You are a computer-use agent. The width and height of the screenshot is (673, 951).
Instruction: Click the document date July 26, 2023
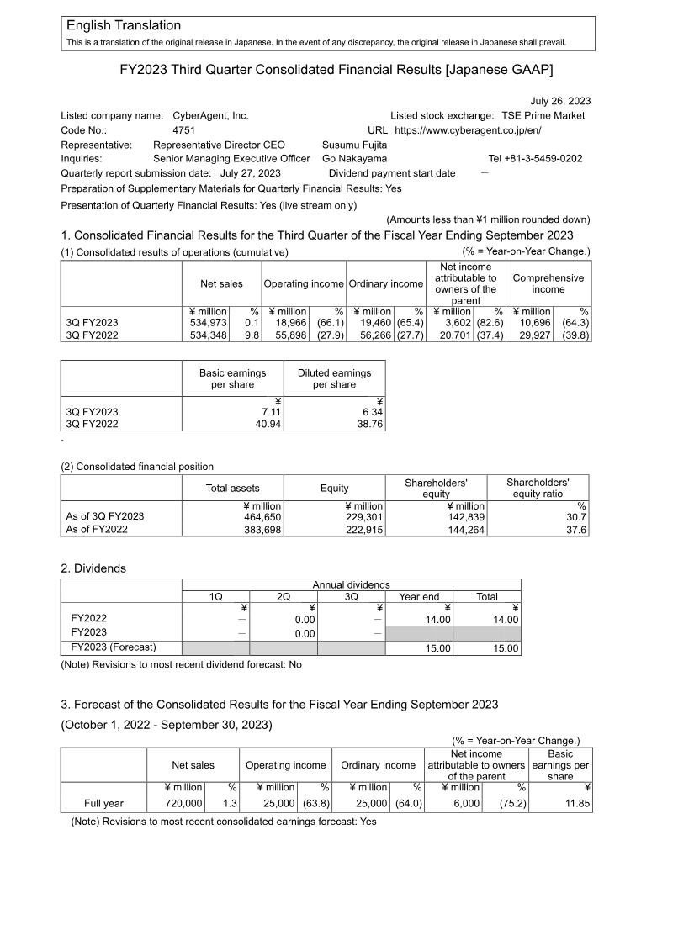(560, 101)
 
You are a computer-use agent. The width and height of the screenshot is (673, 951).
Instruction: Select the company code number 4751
(184, 130)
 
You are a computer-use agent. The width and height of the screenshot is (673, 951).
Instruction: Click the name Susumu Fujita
(355, 145)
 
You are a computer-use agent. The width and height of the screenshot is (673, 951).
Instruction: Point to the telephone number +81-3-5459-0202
(535, 158)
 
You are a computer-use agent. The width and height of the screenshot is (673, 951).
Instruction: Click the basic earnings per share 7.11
(268, 411)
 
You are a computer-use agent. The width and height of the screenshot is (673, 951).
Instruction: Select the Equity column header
(334, 488)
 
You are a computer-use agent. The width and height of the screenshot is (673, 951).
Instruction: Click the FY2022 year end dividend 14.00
(437, 619)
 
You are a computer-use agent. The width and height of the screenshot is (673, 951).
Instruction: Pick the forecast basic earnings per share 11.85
(575, 804)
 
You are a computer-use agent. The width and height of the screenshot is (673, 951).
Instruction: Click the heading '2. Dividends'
(93, 568)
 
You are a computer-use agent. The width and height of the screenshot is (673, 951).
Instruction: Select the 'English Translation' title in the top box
(123, 26)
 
